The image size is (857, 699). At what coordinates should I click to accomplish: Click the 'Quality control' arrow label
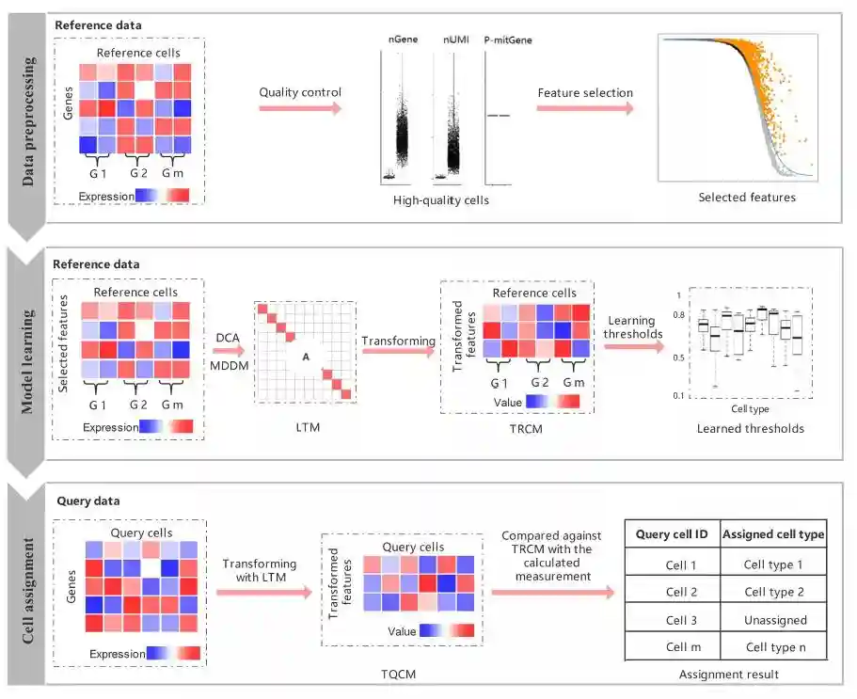300,92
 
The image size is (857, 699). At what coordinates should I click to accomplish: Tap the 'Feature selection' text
585,93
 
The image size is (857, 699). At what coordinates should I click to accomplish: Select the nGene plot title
402,40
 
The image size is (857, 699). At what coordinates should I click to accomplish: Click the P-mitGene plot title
507,40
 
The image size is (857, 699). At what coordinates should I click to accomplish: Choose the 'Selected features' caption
747,198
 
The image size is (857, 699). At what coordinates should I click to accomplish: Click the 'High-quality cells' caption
439,199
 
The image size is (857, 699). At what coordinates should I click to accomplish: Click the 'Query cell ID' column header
672,534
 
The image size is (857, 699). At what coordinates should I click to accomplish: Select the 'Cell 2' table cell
672,592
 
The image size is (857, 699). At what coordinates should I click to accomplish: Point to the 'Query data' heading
88,501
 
